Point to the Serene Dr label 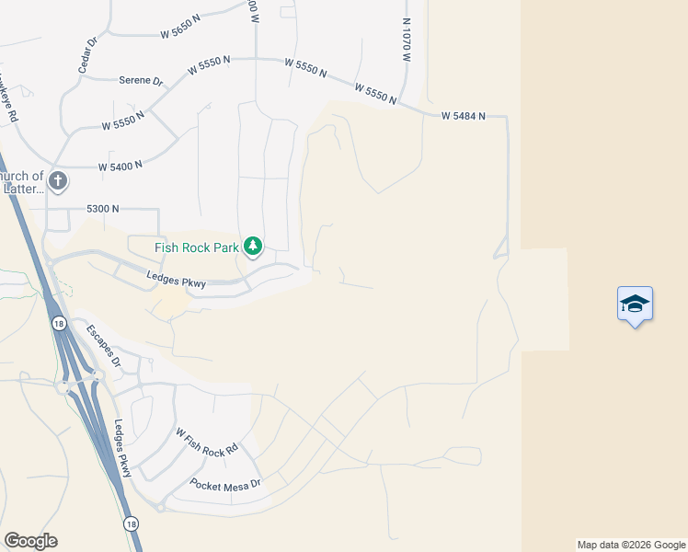(141, 81)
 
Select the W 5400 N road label (120, 167)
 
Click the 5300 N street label (103, 209)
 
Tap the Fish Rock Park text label (197, 247)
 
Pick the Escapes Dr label (103, 344)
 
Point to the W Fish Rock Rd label (207, 440)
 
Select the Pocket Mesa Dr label (225, 483)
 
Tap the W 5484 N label (462, 116)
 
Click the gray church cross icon (58, 180)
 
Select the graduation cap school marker (635, 304)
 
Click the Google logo (30, 541)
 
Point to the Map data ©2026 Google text (631, 545)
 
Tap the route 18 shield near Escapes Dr (59, 323)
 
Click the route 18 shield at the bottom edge (132, 523)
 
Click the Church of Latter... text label (20, 182)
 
